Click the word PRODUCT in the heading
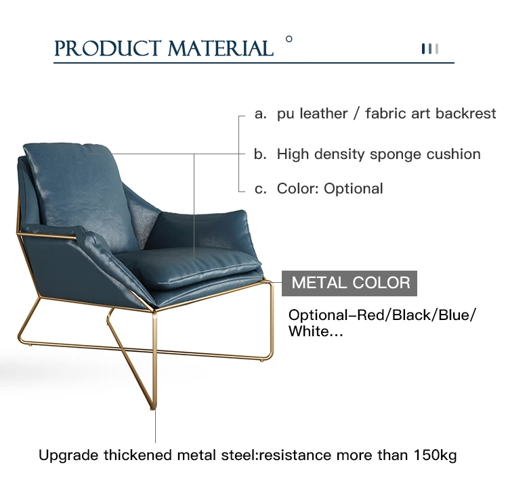(x=108, y=49)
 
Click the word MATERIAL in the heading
(x=220, y=49)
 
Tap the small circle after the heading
(x=289, y=39)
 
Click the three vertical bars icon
(x=430, y=49)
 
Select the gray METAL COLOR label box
(x=350, y=283)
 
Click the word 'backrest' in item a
(x=465, y=114)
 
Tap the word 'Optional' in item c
(x=353, y=188)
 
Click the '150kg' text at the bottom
(x=435, y=455)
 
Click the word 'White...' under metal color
(x=316, y=331)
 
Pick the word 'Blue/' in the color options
(x=457, y=315)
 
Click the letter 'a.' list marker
(x=261, y=114)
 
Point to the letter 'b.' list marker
(x=260, y=154)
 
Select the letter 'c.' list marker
(x=261, y=189)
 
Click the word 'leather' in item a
(x=323, y=114)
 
